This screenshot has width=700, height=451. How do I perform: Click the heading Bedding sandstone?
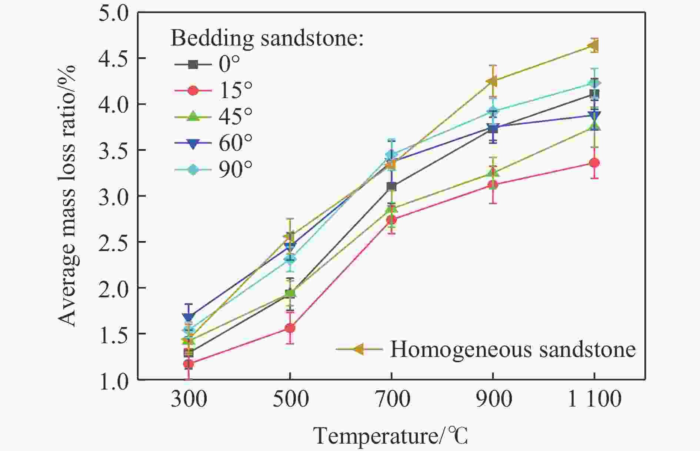click(x=267, y=38)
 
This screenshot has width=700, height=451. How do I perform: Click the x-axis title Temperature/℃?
click(x=391, y=436)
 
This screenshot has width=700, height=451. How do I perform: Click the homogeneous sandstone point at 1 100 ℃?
click(x=593, y=46)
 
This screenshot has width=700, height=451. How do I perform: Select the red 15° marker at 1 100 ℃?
click(x=594, y=163)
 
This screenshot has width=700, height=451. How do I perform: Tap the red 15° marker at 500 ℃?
click(x=290, y=328)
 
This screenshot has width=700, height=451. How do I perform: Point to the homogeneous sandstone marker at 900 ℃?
click(x=492, y=81)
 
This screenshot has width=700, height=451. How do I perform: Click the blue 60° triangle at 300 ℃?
click(x=189, y=317)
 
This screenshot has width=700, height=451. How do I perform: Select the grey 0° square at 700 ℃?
click(x=391, y=187)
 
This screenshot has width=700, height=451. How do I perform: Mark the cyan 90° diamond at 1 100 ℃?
click(x=594, y=83)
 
